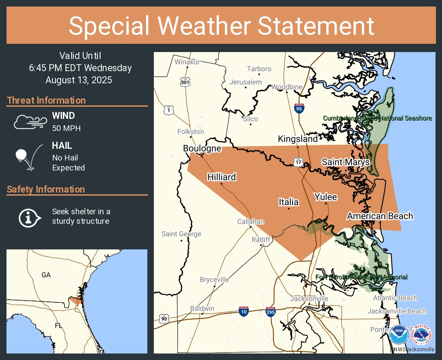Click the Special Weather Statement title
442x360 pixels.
tap(221, 26)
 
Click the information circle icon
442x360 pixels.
tap(29, 217)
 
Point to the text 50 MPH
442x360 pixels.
tap(66, 128)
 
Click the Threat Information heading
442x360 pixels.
tap(46, 101)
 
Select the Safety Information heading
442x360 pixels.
tap(46, 190)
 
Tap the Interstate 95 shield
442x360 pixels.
tap(299, 108)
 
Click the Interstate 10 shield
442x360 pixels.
tap(244, 311)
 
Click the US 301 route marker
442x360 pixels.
tap(185, 82)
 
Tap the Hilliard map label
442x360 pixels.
tap(221, 177)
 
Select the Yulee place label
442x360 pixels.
tap(325, 197)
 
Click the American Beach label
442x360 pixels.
tap(380, 216)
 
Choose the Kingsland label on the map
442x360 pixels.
tap(298, 139)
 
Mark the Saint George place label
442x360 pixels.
tap(181, 234)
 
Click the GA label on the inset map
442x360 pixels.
tap(46, 275)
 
